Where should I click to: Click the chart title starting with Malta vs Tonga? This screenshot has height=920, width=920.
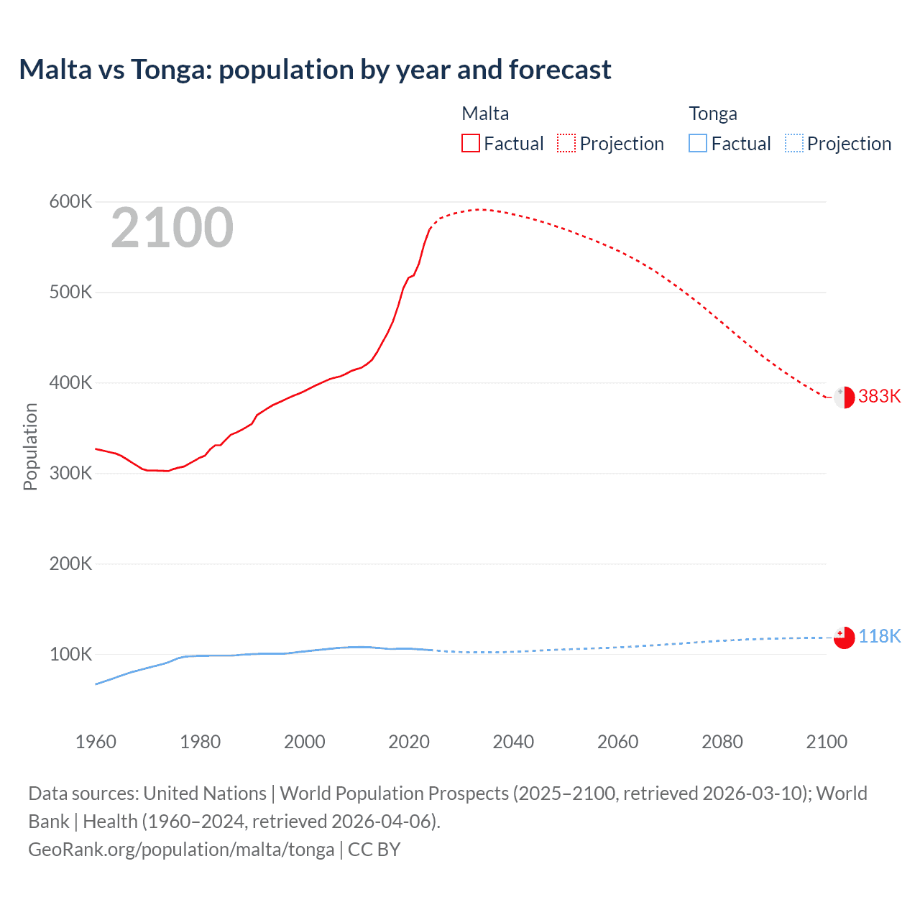tap(315, 70)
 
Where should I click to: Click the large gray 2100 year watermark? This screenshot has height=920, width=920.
tap(172, 228)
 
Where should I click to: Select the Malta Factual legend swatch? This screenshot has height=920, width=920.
tap(470, 143)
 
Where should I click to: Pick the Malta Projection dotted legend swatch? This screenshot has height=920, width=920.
tap(566, 143)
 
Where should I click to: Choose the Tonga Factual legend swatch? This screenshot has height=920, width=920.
tap(697, 143)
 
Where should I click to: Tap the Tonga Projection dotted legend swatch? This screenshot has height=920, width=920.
tap(793, 143)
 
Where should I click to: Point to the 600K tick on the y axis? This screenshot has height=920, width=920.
tap(70, 202)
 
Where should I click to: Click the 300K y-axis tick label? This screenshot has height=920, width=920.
tap(70, 473)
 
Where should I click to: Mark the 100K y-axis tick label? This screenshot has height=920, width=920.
tap(70, 654)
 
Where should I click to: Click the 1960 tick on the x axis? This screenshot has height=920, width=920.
tap(96, 742)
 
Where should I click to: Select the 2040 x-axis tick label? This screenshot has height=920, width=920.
tap(513, 742)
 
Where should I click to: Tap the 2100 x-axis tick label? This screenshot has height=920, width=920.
tap(827, 742)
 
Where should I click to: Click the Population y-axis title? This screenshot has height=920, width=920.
tap(30, 446)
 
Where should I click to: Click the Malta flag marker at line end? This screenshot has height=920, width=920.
tap(844, 397)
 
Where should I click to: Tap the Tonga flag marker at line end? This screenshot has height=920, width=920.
tap(844, 638)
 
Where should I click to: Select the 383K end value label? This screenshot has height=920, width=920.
tap(879, 397)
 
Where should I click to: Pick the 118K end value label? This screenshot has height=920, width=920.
tap(879, 637)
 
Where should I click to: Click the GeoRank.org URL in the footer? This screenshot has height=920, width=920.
tap(181, 850)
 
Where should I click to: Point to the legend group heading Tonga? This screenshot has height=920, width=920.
tap(712, 114)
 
